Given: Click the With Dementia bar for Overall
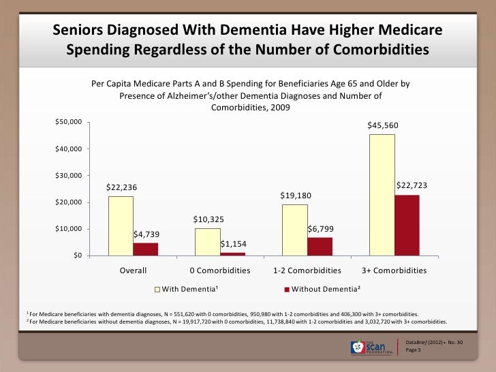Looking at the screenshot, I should pyautogui.click(x=121, y=226).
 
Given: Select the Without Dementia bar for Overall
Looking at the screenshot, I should pyautogui.click(x=146, y=249).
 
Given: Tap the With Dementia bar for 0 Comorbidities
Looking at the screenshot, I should pyautogui.click(x=207, y=242).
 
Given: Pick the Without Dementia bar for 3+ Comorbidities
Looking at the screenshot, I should pyautogui.click(x=407, y=225).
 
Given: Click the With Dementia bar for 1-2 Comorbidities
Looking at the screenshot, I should pyautogui.click(x=294, y=230).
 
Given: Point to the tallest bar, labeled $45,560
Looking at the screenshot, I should pyautogui.click(x=382, y=195).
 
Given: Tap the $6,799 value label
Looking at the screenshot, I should pyautogui.click(x=320, y=229).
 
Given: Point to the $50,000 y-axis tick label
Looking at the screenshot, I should pyautogui.click(x=68, y=122).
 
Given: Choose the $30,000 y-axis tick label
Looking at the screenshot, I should pyautogui.click(x=68, y=175).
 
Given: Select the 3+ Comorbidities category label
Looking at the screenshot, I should pyautogui.click(x=389, y=270).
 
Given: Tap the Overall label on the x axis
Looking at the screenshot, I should pyautogui.click(x=133, y=270).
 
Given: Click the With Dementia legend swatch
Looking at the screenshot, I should pyautogui.click(x=157, y=290).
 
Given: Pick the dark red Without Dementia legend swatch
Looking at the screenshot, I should pyautogui.click(x=286, y=290).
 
